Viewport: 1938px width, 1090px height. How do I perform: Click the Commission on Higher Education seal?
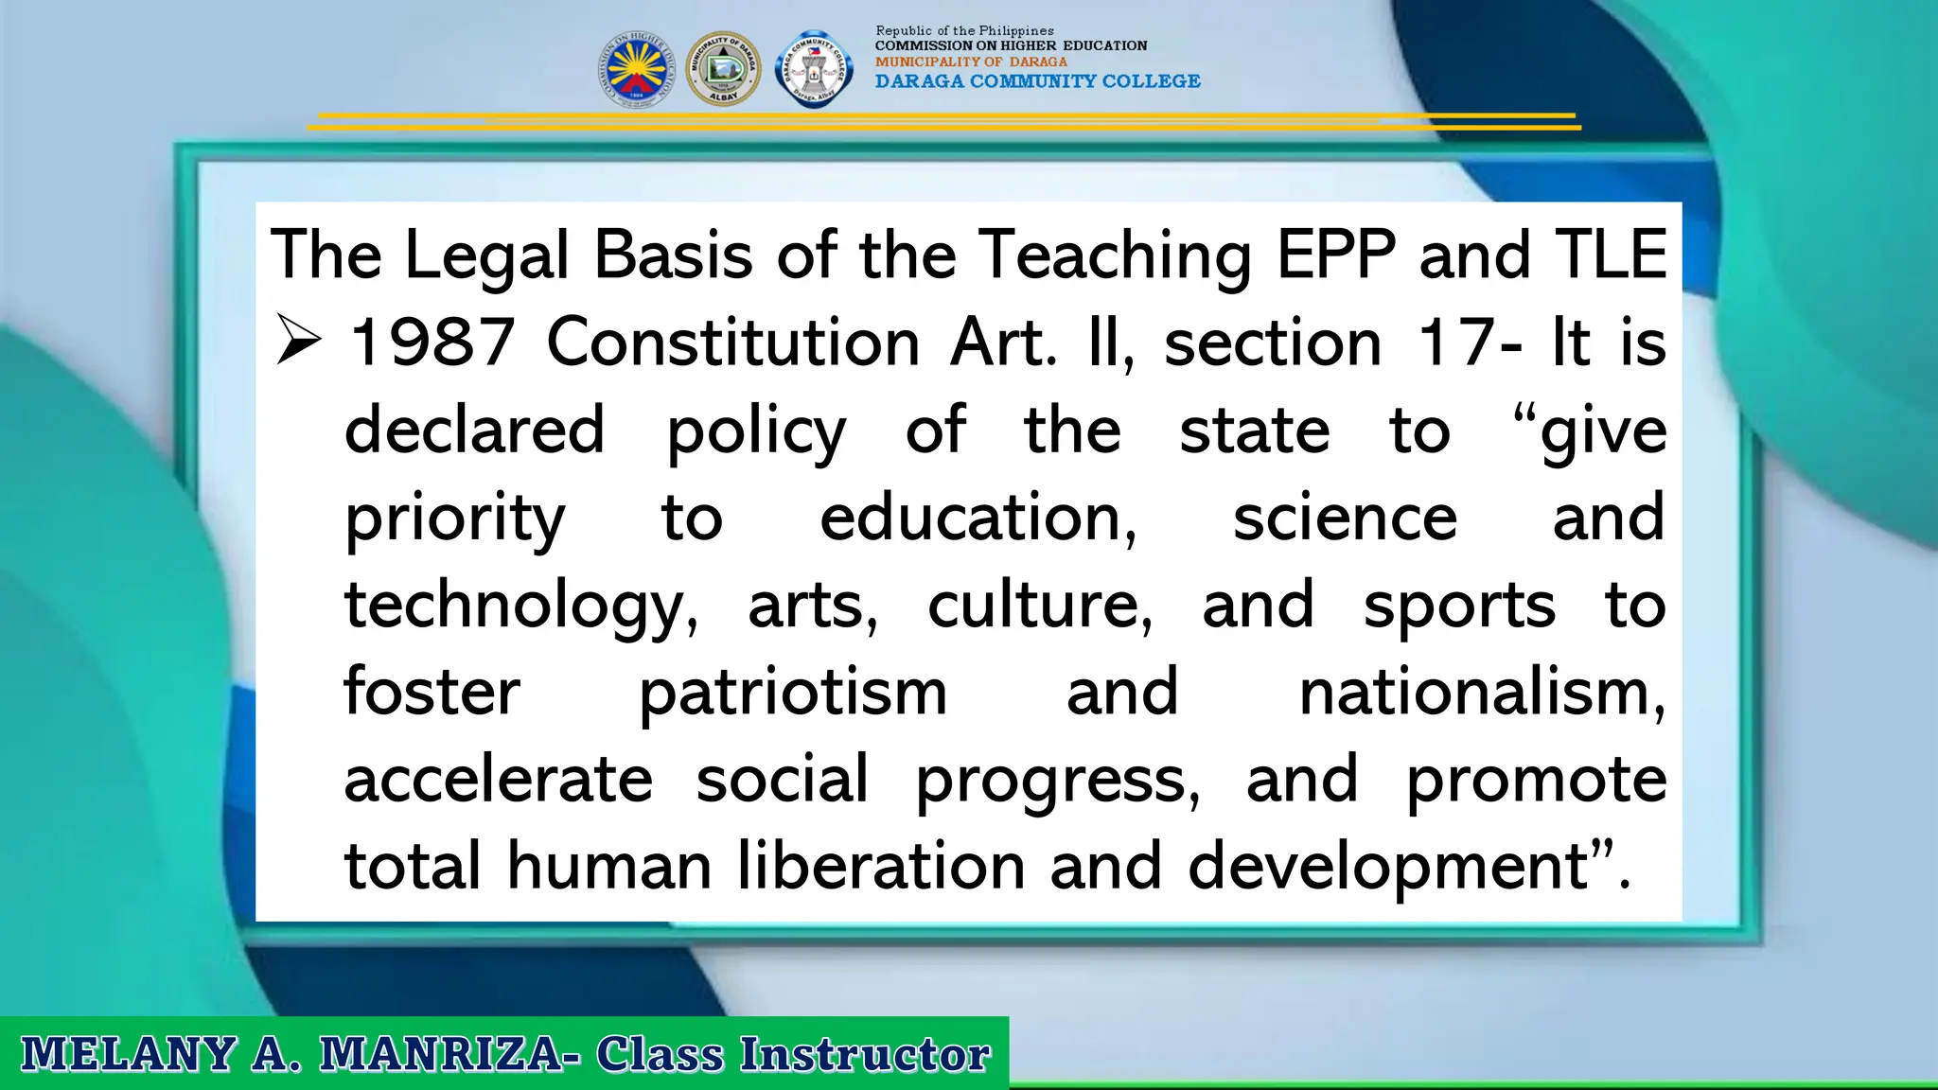click(x=636, y=69)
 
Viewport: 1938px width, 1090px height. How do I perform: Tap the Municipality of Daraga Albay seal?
click(x=723, y=69)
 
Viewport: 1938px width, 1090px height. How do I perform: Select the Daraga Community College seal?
click(x=813, y=69)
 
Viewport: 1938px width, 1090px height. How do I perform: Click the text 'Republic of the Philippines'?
click(x=964, y=30)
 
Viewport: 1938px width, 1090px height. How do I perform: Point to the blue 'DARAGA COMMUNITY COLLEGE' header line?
click(x=1037, y=81)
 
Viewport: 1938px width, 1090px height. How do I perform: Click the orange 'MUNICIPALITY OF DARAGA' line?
click(x=971, y=62)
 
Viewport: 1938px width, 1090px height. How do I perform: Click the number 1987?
click(x=432, y=342)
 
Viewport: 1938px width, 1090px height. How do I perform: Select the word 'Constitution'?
click(x=733, y=342)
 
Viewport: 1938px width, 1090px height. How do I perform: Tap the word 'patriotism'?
click(x=793, y=693)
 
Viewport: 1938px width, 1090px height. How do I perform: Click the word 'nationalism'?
click(x=1480, y=693)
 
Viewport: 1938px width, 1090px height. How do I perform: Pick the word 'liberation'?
click(x=881, y=866)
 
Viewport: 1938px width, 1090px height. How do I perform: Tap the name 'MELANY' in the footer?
click(x=128, y=1054)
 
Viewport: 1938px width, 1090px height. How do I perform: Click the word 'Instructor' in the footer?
click(x=865, y=1054)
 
